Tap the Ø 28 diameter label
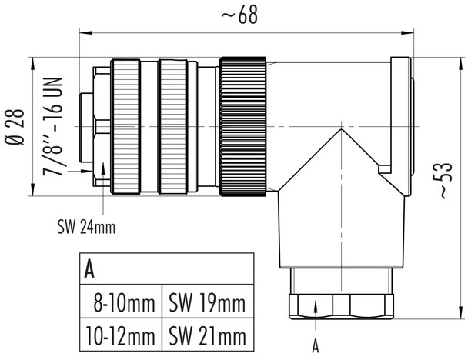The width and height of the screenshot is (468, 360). click(16, 128)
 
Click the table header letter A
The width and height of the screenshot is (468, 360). click(90, 269)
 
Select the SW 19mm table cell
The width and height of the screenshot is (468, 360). click(206, 303)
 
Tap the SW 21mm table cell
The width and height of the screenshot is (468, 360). click(206, 336)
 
